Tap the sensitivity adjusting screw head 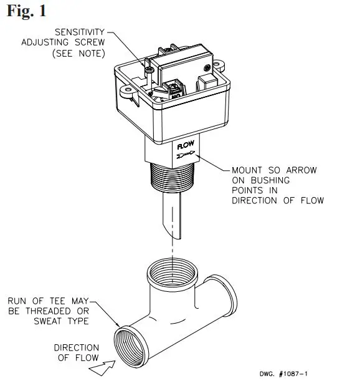[150, 73]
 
